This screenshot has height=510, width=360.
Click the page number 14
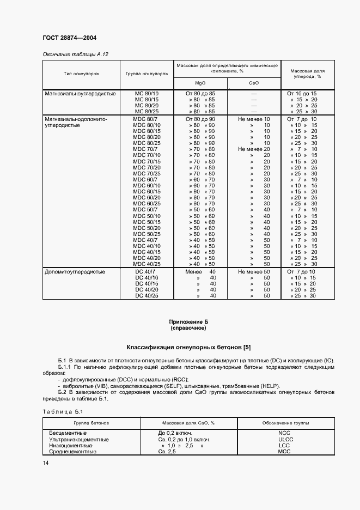pyautogui.click(x=45, y=463)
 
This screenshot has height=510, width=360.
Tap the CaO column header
pyautogui.click(x=253, y=83)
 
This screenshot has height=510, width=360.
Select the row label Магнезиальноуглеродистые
pyautogui.click(x=80, y=94)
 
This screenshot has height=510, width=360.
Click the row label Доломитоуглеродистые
pyautogui.click(x=75, y=271)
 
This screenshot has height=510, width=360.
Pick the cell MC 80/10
pyautogui.click(x=146, y=94)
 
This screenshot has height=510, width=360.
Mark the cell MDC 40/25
pyautogui.click(x=146, y=264)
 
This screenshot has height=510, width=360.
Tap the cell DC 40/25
pyautogui.click(x=146, y=295)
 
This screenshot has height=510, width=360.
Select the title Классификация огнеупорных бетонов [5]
pyautogui.click(x=188, y=347)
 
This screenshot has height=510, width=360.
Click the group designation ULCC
pyautogui.click(x=285, y=439)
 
